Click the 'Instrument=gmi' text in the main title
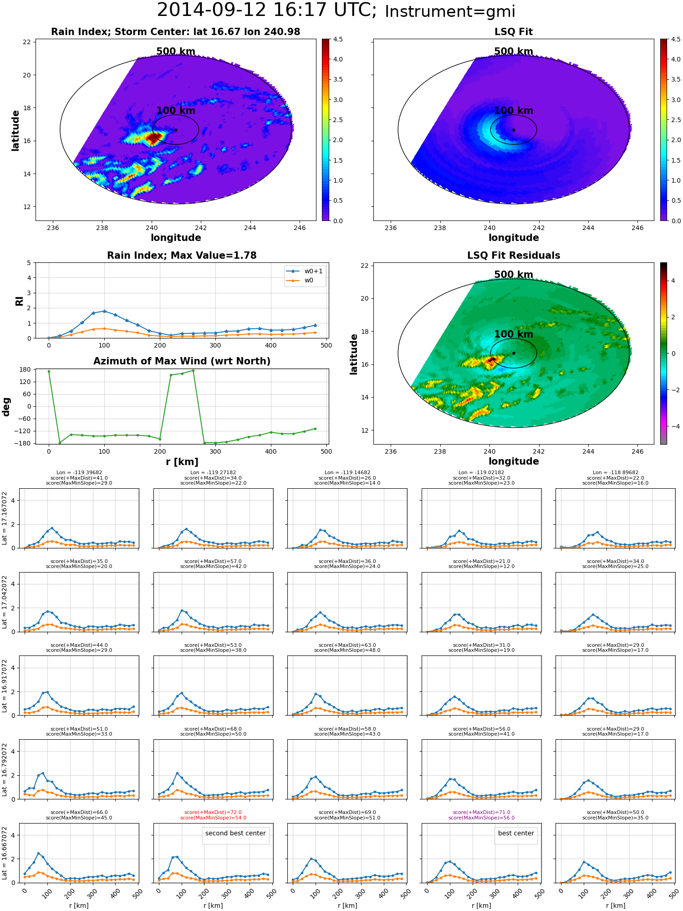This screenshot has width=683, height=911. [450, 12]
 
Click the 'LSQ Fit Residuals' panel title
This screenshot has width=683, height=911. [514, 256]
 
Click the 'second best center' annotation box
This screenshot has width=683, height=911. [235, 833]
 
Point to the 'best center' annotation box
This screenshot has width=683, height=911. [516, 833]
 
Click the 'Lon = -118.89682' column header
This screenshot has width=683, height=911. [616, 473]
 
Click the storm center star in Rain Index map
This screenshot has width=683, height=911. [176, 130]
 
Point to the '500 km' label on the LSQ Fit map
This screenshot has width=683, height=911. [514, 51]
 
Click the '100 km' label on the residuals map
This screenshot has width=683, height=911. [514, 334]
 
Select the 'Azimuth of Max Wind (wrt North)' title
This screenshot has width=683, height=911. [182, 361]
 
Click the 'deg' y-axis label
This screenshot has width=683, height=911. [6, 406]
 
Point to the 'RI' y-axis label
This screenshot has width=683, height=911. [19, 301]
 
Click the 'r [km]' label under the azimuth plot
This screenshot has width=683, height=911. [182, 462]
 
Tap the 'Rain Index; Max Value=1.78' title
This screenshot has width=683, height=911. [182, 256]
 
